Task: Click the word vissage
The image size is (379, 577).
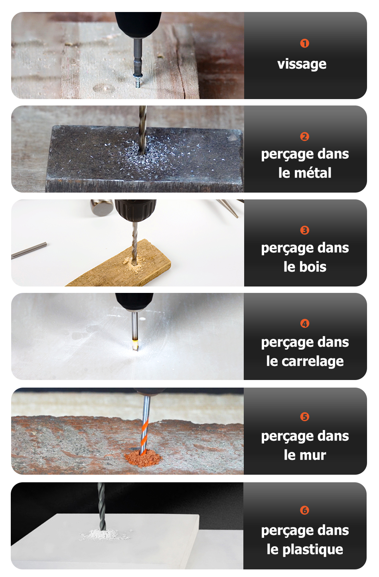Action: point(302,64)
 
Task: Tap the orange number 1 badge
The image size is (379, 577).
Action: point(305,43)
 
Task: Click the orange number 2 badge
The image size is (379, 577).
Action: point(305,137)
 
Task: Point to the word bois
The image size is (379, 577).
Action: point(311,267)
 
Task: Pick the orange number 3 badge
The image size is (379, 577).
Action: point(305,230)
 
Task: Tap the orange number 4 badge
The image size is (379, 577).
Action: point(305,324)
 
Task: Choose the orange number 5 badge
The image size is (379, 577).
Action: point(305,417)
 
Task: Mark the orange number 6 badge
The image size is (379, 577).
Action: point(305,511)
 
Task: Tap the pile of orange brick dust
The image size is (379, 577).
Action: point(143,459)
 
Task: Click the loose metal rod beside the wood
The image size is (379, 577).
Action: point(29,250)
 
